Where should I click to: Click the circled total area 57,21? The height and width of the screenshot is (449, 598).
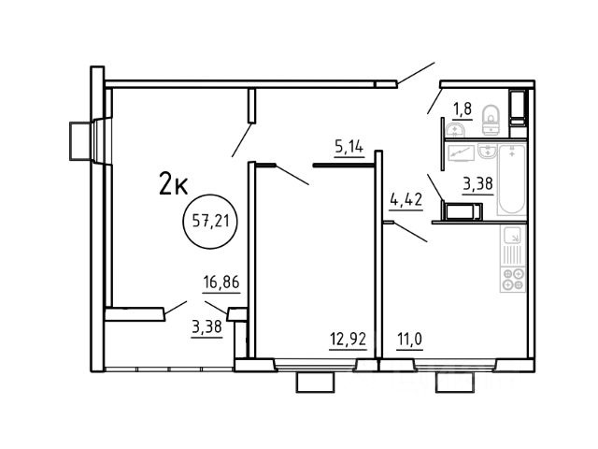click(x=210, y=221)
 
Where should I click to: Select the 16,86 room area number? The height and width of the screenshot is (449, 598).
click(x=221, y=282)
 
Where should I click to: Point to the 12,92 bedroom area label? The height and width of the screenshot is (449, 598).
click(x=348, y=339)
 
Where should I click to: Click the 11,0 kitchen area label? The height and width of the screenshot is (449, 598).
click(x=409, y=339)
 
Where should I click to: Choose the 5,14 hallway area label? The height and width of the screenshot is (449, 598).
click(x=349, y=147)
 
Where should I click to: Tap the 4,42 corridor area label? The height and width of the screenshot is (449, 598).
click(x=406, y=199)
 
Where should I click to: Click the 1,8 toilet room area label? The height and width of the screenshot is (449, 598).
click(x=463, y=109)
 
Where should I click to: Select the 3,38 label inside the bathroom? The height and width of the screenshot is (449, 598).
click(x=477, y=183)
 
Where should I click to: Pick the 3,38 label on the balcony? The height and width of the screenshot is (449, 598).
click(x=207, y=327)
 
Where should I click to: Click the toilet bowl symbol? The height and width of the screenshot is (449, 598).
click(x=491, y=120)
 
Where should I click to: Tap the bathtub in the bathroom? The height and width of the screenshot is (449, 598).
click(x=512, y=180)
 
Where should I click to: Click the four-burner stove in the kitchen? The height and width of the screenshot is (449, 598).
click(x=513, y=280)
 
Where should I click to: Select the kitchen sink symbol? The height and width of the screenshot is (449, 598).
click(x=513, y=236)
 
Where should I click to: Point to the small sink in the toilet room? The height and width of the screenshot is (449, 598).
click(x=455, y=130)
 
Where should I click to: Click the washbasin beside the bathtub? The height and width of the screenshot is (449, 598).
click(x=487, y=152)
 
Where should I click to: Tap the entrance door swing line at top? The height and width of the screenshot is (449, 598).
click(x=416, y=73)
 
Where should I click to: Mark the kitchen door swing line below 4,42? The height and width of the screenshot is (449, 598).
click(x=410, y=232)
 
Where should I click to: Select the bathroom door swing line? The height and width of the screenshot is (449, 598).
click(x=435, y=187)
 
